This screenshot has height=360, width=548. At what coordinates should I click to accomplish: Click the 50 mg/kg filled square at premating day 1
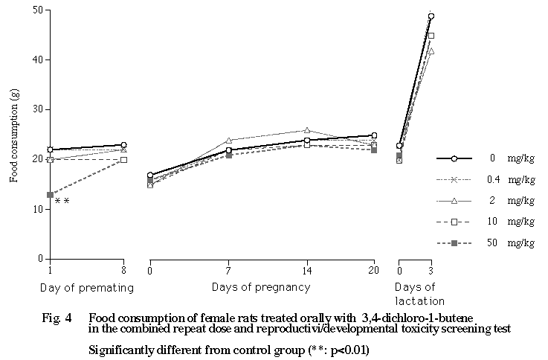click(50, 195)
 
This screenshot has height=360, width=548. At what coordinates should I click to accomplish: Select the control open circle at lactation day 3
click(431, 16)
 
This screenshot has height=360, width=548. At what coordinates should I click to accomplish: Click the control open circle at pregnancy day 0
click(150, 175)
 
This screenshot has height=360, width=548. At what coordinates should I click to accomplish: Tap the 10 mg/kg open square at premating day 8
click(123, 159)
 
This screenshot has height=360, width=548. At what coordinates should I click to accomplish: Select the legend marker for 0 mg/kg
click(454, 158)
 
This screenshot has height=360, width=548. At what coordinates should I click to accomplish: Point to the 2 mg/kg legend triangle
click(454, 201)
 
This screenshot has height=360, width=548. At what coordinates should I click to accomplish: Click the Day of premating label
click(90, 286)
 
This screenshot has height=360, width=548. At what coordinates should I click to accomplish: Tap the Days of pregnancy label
click(260, 286)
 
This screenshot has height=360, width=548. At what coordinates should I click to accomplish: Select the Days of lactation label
click(419, 294)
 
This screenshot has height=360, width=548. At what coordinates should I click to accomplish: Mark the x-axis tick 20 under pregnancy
click(373, 271)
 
